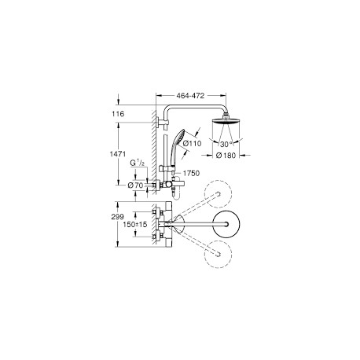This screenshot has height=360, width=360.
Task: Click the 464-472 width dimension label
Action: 190,96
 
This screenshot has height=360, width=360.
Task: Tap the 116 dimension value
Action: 118,114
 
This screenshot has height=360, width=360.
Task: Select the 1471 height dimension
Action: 118,154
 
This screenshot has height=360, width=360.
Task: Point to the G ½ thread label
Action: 138,163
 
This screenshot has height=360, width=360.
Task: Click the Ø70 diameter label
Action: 135,186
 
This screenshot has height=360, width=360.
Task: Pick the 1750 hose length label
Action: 191,173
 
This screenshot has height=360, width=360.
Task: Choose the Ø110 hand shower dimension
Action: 192,143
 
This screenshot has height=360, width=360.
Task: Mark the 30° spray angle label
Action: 226,144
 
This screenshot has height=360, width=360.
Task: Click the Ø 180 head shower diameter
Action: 226,156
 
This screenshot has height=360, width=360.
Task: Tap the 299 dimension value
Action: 117,217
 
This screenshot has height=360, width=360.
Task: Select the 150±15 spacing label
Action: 135,224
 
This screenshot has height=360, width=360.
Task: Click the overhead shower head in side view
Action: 226,121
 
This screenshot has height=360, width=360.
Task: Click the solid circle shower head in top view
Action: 226,224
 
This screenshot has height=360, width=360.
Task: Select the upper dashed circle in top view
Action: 219,193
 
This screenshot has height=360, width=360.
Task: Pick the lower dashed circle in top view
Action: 219,254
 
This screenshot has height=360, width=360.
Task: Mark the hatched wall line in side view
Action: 154,155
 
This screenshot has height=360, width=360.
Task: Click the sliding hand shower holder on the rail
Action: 167,168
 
